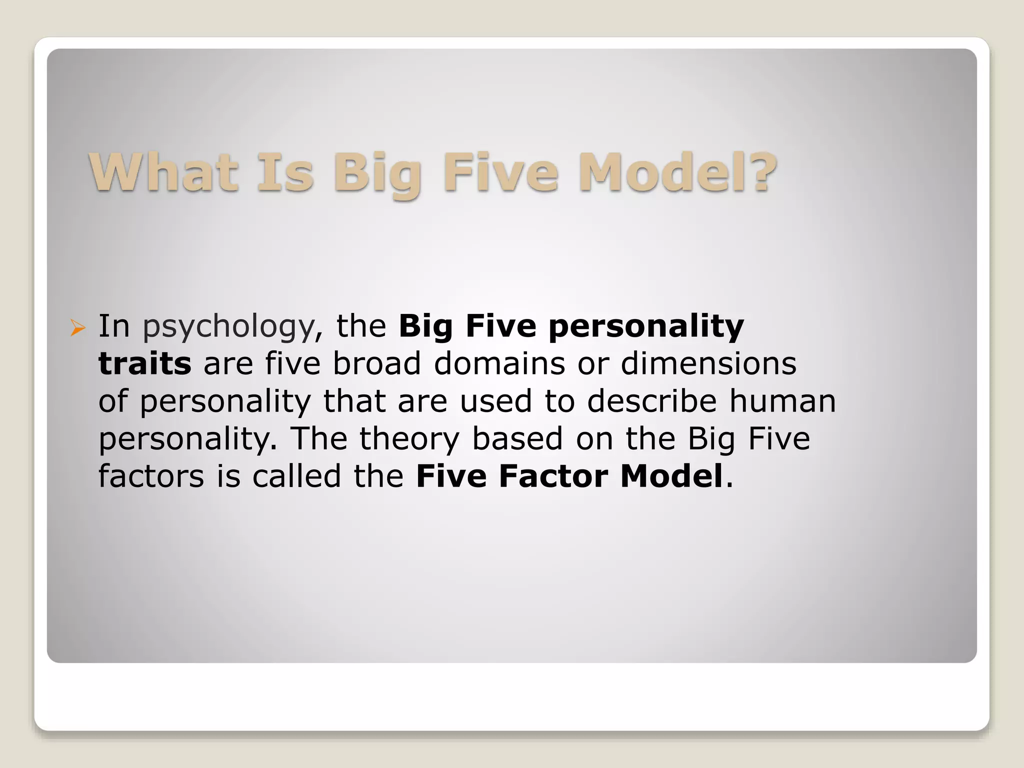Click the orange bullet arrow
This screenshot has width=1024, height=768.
(77, 327)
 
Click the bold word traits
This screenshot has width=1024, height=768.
(144, 363)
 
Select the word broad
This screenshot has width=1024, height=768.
(377, 363)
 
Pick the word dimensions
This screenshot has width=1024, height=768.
(708, 363)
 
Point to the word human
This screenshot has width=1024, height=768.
(782, 401)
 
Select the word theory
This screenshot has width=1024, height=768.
(409, 439)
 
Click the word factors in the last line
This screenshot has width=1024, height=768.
(151, 476)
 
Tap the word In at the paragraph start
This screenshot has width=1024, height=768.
(114, 326)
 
